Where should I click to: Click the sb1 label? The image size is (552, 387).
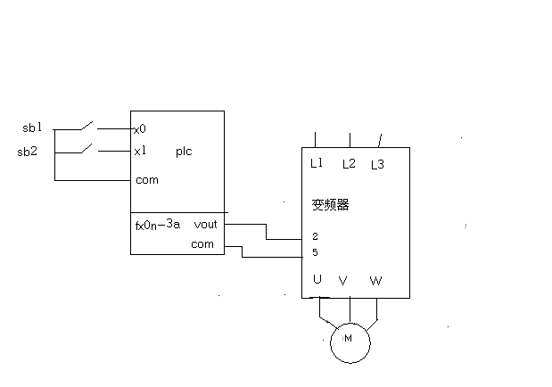click(x=32, y=128)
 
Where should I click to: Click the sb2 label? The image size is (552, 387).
click(x=28, y=152)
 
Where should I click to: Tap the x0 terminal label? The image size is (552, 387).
click(x=140, y=128)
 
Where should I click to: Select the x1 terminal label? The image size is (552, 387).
click(x=140, y=152)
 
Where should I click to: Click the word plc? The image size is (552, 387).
click(x=184, y=152)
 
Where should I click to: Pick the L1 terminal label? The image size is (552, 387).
click(x=317, y=163)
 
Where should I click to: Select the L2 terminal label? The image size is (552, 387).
click(x=349, y=164)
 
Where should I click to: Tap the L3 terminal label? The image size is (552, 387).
click(x=376, y=164)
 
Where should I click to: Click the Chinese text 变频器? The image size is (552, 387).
click(x=330, y=204)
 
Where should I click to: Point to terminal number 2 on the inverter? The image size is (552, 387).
click(x=315, y=236)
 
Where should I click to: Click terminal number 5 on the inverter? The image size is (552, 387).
click(x=315, y=252)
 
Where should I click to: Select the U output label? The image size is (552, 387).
click(x=317, y=280)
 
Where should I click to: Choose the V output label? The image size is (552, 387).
click(x=342, y=281)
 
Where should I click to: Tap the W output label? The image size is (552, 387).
click(x=375, y=281)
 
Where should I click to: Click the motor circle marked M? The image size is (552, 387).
click(x=348, y=339)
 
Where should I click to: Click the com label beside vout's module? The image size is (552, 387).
click(x=202, y=244)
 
